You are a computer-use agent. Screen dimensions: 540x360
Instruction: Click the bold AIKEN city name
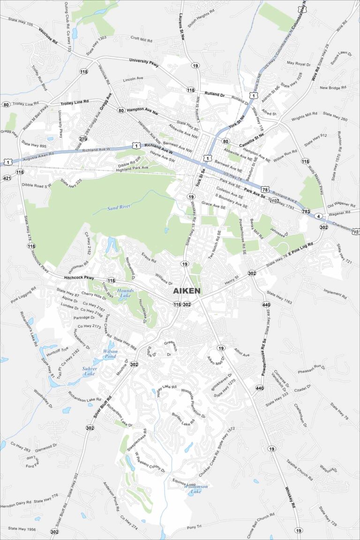pos(187,291)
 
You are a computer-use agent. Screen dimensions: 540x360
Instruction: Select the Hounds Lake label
pos(125,293)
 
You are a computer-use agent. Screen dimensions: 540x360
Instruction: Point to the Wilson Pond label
pos(110,353)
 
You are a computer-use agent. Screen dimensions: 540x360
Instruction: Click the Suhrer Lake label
pos(90,371)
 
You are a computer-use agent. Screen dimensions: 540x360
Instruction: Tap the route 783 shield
pos(306,211)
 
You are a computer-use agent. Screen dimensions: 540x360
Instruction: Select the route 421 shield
pos(7,178)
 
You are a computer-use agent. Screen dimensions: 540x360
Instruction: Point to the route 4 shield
pos(318,216)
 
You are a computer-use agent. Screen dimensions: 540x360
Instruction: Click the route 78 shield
pos(266,189)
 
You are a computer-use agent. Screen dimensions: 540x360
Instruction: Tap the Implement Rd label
pos(335,294)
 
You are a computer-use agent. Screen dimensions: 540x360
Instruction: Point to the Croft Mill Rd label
pos(142,40)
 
